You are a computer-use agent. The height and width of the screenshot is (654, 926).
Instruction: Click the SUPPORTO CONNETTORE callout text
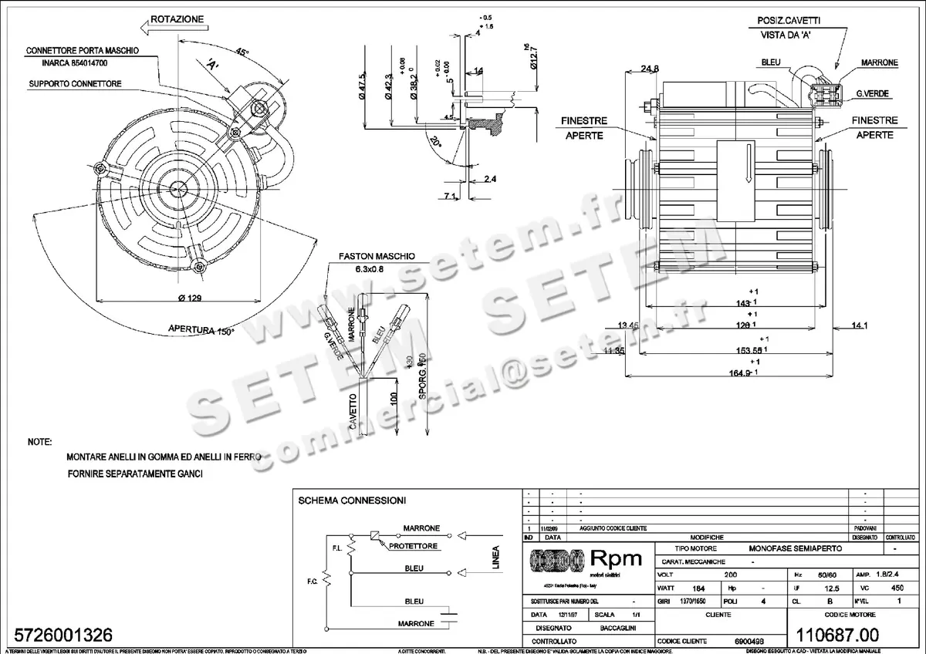tap(76, 83)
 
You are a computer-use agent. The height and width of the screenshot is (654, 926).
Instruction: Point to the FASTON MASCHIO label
tap(377, 256)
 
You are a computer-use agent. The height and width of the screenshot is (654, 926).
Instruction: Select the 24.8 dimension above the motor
tap(651, 69)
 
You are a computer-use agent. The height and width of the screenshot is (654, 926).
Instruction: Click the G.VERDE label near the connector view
tap(872, 93)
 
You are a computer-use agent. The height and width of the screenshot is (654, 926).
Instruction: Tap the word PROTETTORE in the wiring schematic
tap(414, 546)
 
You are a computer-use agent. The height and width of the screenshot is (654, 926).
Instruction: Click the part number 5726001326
tap(59, 635)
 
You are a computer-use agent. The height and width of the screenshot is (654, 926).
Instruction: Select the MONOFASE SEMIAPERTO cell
tap(796, 548)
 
